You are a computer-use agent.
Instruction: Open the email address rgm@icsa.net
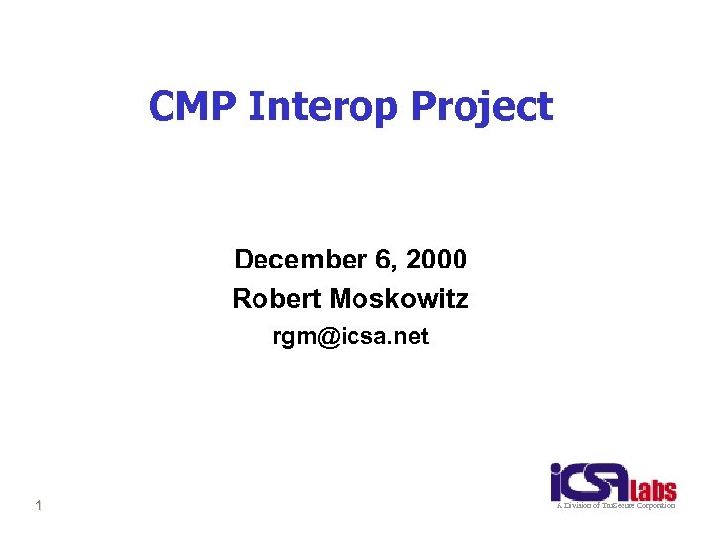pos(351,337)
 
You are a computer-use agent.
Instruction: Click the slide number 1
pos(38,507)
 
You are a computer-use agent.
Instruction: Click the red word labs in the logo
pos(656,489)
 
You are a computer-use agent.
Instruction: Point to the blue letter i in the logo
pos(558,482)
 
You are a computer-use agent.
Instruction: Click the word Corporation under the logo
pos(655,505)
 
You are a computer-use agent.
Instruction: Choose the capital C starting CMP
pos(162,106)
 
